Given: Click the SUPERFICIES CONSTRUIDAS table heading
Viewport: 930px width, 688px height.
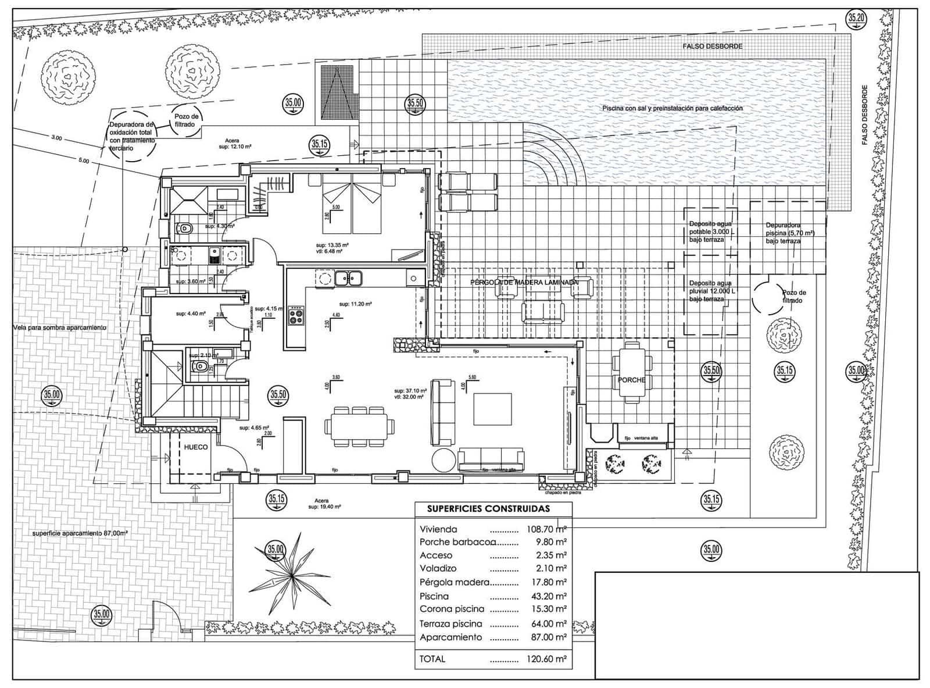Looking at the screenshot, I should click(x=488, y=508).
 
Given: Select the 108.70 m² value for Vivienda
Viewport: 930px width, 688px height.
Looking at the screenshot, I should click(x=543, y=529).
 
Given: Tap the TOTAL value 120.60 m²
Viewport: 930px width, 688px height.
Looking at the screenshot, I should click(x=543, y=659).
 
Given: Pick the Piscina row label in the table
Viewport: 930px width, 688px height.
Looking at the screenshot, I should click(x=434, y=596).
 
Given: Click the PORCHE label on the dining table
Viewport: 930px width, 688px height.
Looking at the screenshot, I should click(x=631, y=380).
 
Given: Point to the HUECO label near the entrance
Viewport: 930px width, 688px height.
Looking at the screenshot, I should click(x=196, y=447).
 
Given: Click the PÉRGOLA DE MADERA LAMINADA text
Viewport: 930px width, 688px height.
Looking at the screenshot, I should click(x=524, y=282).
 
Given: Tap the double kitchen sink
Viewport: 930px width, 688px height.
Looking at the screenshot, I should click(x=348, y=279).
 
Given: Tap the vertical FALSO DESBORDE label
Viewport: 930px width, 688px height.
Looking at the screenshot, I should click(x=864, y=115).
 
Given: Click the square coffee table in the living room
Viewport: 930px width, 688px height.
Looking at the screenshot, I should click(x=492, y=409).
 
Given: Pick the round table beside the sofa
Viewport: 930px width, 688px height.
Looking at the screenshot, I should click(x=444, y=459).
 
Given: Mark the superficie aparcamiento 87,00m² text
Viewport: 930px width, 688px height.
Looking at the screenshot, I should click(x=80, y=533).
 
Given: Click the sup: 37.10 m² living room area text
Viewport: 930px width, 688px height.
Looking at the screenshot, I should click(x=409, y=391).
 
